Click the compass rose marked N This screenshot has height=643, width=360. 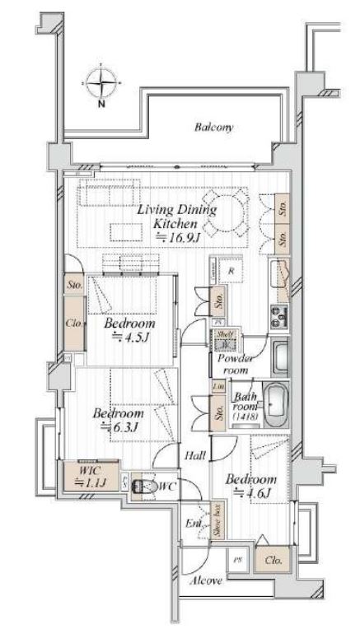[x=101, y=85]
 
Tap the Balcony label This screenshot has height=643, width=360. [x=214, y=128]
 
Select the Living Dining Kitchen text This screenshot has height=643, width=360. [x=176, y=217]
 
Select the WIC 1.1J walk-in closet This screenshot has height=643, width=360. [x=85, y=478]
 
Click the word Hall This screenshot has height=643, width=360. [x=195, y=454]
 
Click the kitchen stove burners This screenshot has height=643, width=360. [x=278, y=314]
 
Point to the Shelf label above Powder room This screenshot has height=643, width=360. [x=223, y=335]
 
